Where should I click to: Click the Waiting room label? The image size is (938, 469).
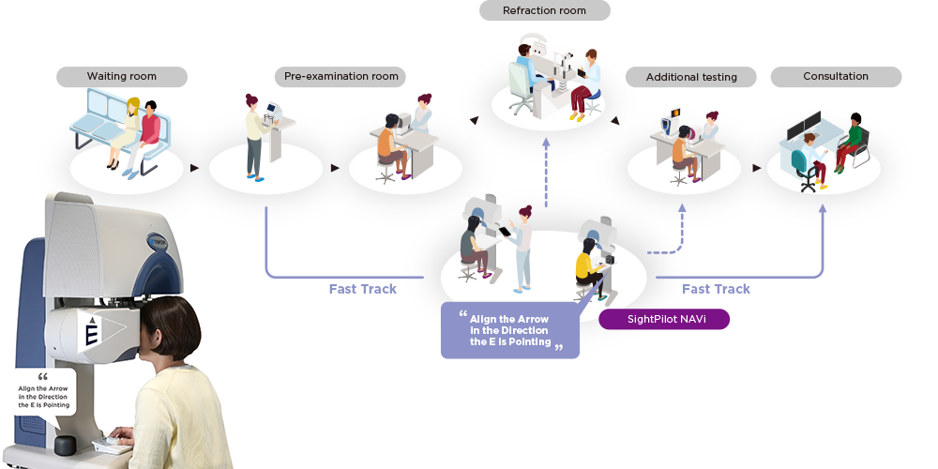coord(122,77)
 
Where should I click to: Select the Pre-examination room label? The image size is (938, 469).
coord(341,77)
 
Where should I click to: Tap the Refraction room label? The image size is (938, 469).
coord(544,10)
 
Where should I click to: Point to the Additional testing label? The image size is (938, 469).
coord(691,77)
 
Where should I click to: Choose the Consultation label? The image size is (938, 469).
coord(836,77)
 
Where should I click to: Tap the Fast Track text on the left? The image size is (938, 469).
coord(362,289)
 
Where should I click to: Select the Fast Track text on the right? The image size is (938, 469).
coord(716,289)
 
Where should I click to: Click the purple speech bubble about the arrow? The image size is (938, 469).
coord(511,330)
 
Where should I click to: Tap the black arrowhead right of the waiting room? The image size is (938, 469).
coord(195,168)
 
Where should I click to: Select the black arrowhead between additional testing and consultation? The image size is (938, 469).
coord(757,168)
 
